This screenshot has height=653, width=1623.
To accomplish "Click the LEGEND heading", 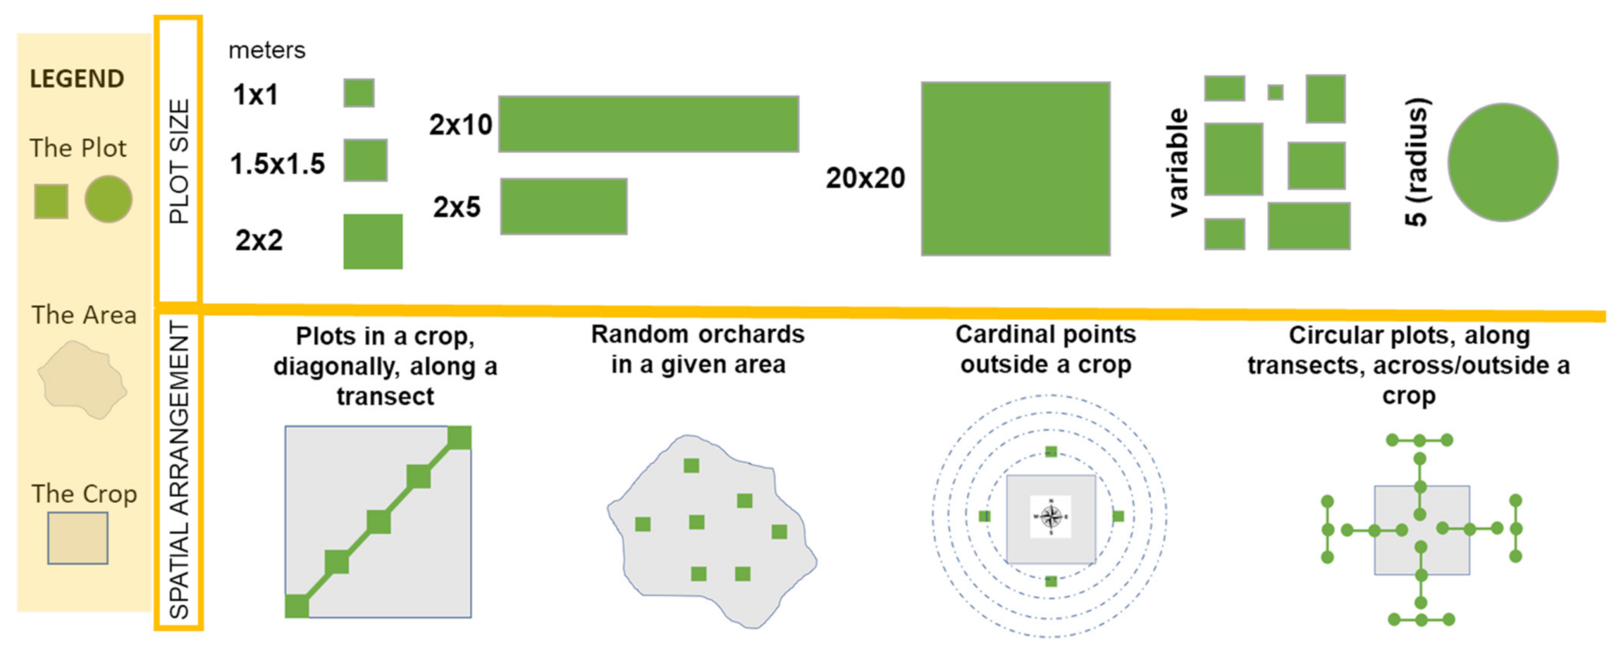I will [77, 79].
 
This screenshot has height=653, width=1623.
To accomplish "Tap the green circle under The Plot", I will [109, 200].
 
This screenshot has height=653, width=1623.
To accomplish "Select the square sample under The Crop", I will [78, 537].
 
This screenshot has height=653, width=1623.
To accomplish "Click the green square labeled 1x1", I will [359, 93].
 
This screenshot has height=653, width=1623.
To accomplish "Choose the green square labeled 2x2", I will [373, 242].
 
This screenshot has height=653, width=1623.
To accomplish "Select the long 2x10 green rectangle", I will [648, 124].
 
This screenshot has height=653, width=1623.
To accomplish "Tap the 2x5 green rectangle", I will [564, 207].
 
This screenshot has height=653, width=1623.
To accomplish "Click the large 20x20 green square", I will [1015, 169].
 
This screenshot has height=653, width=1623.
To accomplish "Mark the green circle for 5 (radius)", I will [1503, 163].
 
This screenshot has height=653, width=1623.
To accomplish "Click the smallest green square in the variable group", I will [1275, 92].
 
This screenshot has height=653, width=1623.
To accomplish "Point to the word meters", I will [267, 51].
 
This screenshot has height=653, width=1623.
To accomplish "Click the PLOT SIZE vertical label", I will [179, 161].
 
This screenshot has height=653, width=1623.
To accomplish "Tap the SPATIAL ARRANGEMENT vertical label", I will [179, 469].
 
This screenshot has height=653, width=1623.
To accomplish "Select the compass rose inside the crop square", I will [1050, 517].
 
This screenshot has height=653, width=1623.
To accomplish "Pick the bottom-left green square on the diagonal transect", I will [297, 606].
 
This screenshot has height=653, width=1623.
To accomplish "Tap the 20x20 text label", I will [865, 178].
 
